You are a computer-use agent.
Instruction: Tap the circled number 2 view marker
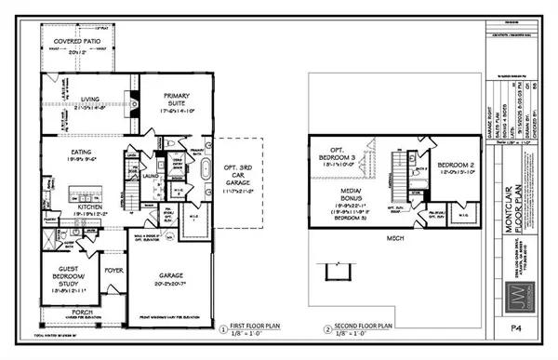[x=327, y=329]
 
